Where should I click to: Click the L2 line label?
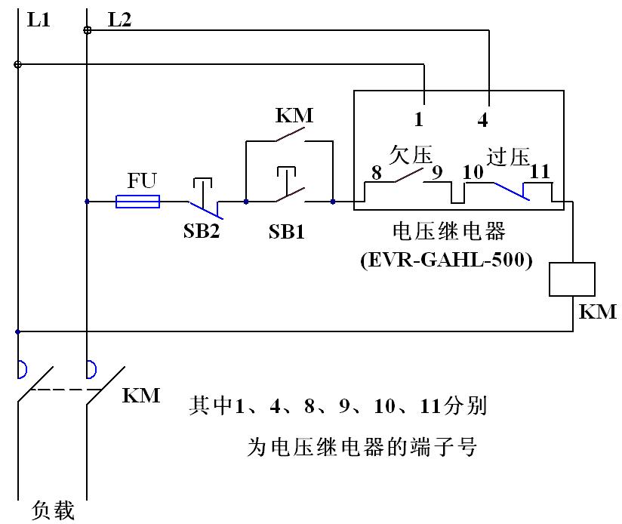coord(119,20)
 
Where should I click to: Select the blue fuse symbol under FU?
coord(137,202)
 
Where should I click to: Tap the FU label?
coord(142,180)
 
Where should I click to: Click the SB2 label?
coord(201,231)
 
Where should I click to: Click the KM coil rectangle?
coord(574,279)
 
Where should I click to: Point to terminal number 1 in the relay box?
coord(420,119)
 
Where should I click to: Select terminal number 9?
coord(436,172)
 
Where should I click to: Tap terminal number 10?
coord(473,172)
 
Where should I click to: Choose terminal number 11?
coord(540,172)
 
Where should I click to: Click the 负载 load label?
coord(54,511)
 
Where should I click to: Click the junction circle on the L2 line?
coord(88,30)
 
